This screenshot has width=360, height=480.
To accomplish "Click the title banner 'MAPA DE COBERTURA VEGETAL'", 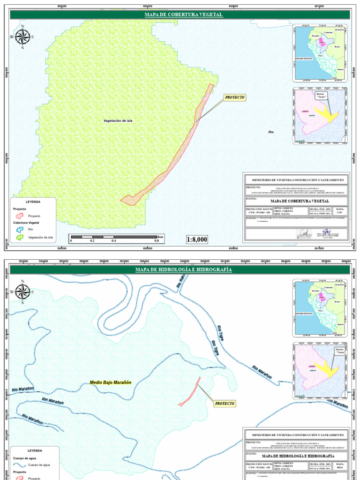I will (183, 15).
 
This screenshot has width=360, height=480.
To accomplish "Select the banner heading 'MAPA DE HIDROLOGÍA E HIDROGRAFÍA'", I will (183, 270).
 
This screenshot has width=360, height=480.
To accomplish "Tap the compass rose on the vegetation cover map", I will (22, 37).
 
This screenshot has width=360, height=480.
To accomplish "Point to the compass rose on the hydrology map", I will (22, 292).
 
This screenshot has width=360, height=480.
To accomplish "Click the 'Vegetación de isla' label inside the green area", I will (118, 121).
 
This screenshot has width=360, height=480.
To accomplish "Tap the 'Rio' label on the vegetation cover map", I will (270, 132).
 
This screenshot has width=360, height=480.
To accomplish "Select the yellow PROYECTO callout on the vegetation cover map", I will (235, 97).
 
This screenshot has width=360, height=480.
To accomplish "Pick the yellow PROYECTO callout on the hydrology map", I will (225, 403).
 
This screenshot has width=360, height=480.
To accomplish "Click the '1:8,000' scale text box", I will (197, 240).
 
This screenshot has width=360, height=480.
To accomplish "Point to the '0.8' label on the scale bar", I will (157, 240).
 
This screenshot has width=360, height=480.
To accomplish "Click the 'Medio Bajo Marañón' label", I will (111, 382).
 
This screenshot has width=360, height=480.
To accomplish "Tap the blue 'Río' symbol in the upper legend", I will (19, 230).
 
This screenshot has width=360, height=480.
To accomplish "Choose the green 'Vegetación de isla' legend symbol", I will (19, 238).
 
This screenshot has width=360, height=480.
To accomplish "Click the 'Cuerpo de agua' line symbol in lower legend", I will (19, 465).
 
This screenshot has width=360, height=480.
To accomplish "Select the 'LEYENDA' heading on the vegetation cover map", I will (32, 202).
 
